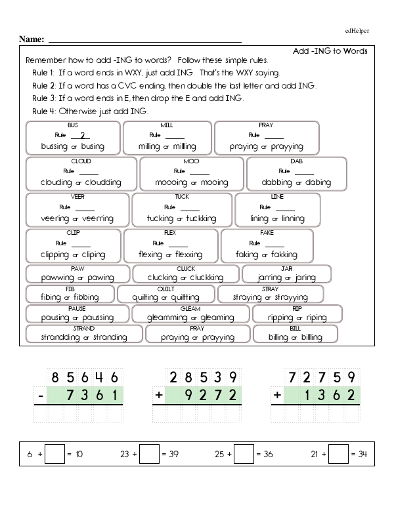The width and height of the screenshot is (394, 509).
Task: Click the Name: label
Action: (32, 39)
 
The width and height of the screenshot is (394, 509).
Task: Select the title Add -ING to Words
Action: (330, 51)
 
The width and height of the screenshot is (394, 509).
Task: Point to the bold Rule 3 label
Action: (44, 98)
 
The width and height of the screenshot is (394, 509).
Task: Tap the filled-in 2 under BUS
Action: (81, 136)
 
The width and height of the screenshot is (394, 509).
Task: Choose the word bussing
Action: (55, 147)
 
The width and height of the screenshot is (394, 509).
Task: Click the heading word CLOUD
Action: (81, 161)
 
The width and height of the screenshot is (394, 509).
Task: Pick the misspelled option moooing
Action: (171, 183)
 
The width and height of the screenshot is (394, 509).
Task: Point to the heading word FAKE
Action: (267, 233)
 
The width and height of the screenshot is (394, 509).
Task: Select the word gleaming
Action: (218, 318)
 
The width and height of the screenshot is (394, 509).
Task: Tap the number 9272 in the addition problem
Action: (205, 396)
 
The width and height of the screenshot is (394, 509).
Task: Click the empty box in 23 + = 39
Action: (150, 453)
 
